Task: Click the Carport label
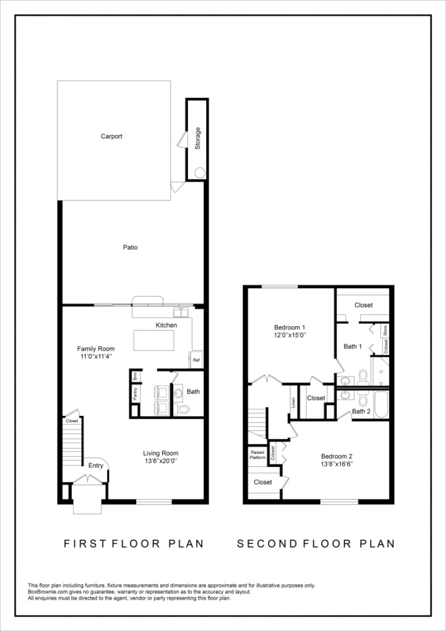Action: click(x=111, y=137)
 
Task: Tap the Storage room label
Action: click(x=197, y=139)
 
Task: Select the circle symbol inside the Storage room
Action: click(x=199, y=173)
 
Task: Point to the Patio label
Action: click(x=130, y=247)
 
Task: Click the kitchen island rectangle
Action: click(x=153, y=339)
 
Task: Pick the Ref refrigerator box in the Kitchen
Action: click(x=196, y=360)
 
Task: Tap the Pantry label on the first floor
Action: click(x=135, y=394)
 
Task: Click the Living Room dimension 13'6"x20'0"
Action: click(x=161, y=461)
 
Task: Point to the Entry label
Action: click(x=96, y=465)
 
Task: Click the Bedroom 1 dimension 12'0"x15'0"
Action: click(x=290, y=336)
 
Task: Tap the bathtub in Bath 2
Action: click(x=381, y=405)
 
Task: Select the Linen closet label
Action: click(x=293, y=401)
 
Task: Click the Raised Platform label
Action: click(x=257, y=455)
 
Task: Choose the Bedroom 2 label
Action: click(x=336, y=455)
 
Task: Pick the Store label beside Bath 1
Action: click(x=385, y=330)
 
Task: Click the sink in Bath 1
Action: click(x=345, y=381)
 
